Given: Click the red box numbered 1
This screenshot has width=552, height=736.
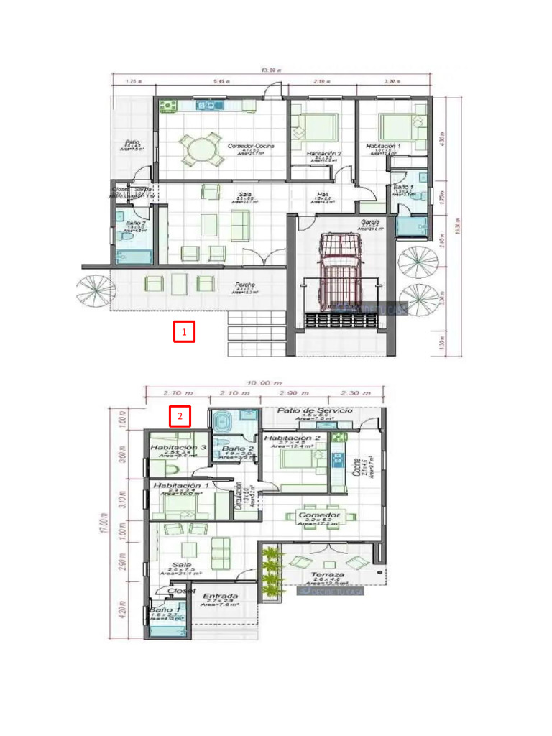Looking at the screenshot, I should click(x=185, y=332).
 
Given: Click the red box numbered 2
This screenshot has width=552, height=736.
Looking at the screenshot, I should click(x=180, y=416).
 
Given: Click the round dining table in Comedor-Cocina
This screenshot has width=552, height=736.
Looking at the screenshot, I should click(x=197, y=149).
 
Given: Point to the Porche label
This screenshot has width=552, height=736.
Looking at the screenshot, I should click(x=245, y=285).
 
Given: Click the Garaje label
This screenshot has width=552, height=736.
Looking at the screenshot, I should click(x=370, y=221).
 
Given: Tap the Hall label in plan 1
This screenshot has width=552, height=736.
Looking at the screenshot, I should click(x=323, y=194).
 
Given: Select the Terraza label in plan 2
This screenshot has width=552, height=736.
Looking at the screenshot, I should click(x=328, y=575).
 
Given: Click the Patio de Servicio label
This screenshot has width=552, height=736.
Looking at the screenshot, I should click(x=326, y=410).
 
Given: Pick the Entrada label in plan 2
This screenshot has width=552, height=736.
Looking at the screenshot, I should click(x=221, y=597).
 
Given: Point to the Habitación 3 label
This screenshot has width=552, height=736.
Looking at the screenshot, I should click(x=179, y=447).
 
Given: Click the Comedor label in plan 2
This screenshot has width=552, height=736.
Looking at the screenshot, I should click(x=318, y=516).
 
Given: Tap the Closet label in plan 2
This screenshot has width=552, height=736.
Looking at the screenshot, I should click(x=181, y=591).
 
